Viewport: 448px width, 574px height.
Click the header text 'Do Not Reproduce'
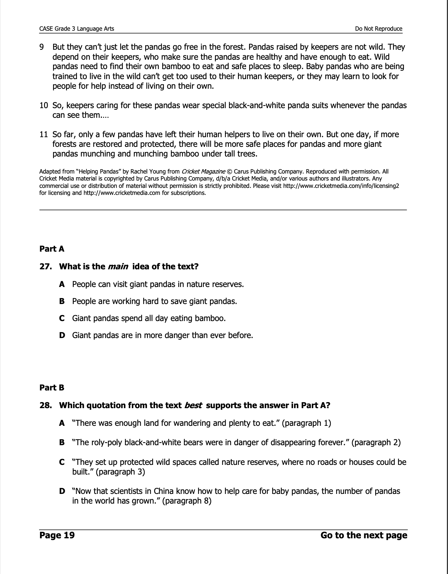379,29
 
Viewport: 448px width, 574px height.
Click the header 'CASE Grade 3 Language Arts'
77,29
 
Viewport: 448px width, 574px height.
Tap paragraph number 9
42,47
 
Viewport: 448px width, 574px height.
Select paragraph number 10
44,105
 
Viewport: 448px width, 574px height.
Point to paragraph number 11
44,134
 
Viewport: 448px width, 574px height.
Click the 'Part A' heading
52,249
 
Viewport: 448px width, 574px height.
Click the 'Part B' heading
52,388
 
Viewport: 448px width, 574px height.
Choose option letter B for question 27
62,301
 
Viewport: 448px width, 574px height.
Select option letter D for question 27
62,335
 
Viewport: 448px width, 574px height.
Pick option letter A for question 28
62,423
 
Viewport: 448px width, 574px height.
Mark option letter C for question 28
62,462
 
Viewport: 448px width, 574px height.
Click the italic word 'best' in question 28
193,405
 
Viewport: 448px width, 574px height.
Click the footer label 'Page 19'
57,535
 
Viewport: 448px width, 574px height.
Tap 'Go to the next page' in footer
364,535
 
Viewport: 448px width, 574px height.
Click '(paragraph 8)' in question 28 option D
187,501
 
